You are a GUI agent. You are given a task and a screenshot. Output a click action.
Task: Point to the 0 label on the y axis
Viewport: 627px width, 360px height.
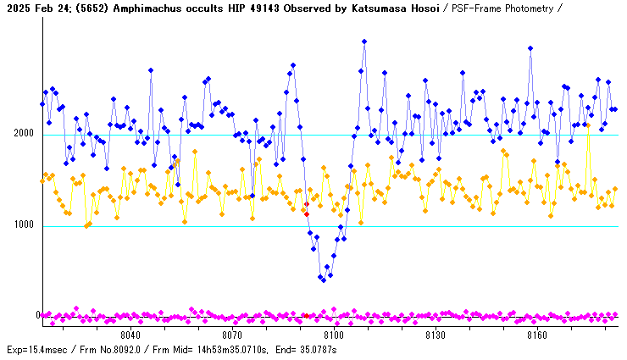click(x=37, y=315)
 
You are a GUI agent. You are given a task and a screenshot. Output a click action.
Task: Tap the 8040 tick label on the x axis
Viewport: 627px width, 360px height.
click(x=132, y=335)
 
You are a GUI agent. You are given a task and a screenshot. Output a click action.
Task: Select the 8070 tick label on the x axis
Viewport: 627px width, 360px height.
click(x=232, y=335)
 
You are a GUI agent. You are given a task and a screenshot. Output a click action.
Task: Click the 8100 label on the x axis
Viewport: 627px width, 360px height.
click(x=334, y=335)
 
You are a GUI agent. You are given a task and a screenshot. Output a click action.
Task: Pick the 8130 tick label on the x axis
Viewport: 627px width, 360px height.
click(x=435, y=335)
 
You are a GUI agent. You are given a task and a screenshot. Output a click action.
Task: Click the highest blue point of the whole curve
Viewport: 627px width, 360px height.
click(x=364, y=41)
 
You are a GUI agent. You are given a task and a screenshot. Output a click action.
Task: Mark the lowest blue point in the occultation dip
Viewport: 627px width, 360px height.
click(x=323, y=280)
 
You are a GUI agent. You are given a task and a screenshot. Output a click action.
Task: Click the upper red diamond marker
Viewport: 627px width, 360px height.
click(x=307, y=204)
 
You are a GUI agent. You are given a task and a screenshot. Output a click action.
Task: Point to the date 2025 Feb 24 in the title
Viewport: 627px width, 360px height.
click(x=35, y=8)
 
